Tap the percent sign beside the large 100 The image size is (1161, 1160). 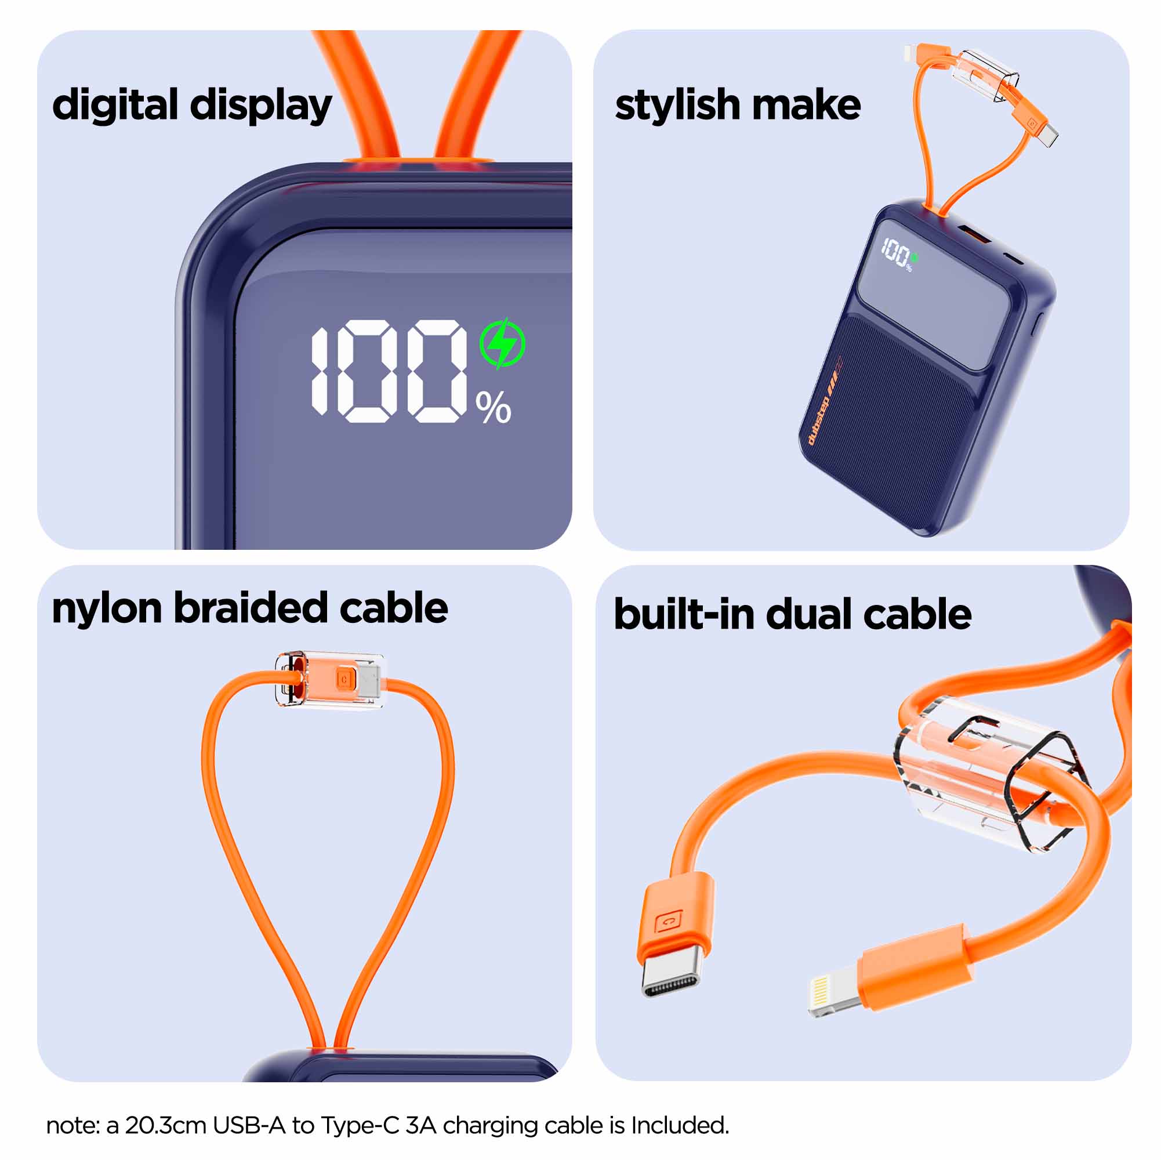tap(493, 408)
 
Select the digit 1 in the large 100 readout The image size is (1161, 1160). tap(320, 371)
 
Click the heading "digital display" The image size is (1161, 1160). tap(192, 106)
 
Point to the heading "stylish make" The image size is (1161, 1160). tap(737, 106)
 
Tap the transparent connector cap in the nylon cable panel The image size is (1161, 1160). tap(330, 679)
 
